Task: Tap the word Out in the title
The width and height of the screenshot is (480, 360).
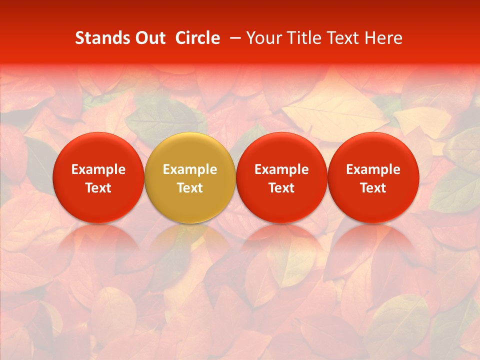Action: tap(148, 38)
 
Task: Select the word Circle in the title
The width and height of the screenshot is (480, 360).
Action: tap(197, 38)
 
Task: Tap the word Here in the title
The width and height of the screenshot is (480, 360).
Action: tap(384, 38)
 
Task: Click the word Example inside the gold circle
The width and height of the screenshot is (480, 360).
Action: tap(190, 169)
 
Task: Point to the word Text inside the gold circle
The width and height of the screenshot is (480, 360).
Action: tap(190, 188)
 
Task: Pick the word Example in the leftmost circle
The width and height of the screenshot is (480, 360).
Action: tap(98, 169)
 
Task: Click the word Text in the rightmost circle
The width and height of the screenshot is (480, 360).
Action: tap(373, 188)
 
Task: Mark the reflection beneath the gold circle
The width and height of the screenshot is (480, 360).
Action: tap(190, 245)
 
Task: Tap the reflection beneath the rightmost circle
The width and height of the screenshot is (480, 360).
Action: tap(373, 245)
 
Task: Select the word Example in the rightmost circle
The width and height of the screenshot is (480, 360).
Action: tap(373, 169)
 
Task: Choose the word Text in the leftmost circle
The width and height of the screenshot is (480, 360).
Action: tap(98, 188)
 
